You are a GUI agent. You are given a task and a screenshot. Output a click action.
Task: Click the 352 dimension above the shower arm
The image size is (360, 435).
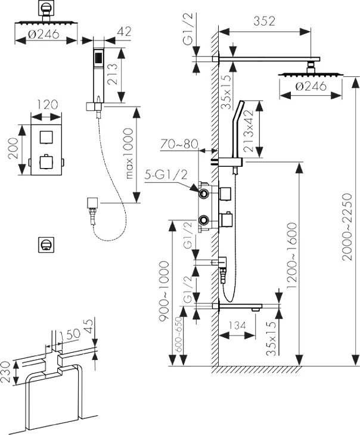pos(264,21)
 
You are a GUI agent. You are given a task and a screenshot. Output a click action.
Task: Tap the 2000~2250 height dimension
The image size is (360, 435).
pos(347,227)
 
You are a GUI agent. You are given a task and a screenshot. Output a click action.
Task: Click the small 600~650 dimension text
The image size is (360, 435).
pos(179,334)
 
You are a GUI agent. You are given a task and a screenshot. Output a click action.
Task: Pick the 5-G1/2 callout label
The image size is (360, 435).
pos(166,175)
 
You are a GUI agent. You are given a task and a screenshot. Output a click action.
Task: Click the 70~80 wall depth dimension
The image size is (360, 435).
pos(179,144)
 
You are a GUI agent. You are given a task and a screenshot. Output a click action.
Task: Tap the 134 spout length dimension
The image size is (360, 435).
pos(237,325)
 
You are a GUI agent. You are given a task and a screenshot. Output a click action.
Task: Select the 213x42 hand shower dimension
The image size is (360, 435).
pos(249,130)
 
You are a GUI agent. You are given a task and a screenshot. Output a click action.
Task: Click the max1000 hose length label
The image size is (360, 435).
pos(129,153)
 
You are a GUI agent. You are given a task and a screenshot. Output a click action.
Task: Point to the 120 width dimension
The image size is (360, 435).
pos(46,105)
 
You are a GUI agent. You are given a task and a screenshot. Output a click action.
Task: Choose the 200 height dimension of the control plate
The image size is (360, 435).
pos(13,148)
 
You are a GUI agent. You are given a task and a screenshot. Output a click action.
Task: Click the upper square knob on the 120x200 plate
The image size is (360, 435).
pos(46,137)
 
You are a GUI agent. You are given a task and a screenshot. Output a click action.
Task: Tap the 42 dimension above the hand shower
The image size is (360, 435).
pos(124,32)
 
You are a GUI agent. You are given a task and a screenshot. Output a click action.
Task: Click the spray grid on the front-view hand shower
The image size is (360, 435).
pos(98,59)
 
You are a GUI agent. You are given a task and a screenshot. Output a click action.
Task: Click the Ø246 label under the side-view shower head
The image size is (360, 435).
pos(311,86)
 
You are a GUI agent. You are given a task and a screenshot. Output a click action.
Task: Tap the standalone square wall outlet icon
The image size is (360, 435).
pos(46,245)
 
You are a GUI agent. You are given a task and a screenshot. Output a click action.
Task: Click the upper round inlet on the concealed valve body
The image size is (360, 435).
pos(204,194)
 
